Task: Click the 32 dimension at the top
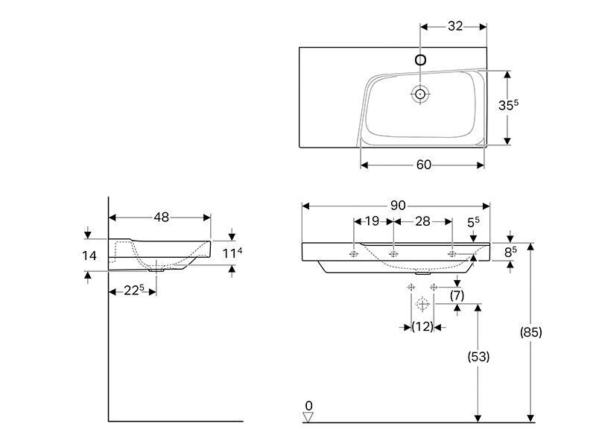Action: point(455,26)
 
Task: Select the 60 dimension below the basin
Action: point(424,165)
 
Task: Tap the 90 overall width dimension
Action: point(398,206)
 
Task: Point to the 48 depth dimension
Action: point(161,217)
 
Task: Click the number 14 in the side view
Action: point(89,256)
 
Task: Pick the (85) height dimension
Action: point(530,332)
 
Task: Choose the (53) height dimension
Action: point(478,357)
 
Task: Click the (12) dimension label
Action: point(422,326)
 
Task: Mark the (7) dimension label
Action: point(457,295)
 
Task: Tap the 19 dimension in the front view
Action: point(372,221)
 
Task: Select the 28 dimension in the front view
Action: point(422,221)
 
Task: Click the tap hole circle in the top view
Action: point(420,60)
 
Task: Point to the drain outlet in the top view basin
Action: point(420,94)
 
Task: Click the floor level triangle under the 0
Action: point(308,417)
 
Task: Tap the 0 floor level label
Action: point(308,405)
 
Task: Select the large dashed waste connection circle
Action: point(422,304)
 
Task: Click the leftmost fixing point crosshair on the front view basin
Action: point(355,254)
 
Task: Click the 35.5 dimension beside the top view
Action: point(508,104)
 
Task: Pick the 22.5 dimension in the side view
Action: point(134,291)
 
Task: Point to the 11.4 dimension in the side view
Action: point(232,253)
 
